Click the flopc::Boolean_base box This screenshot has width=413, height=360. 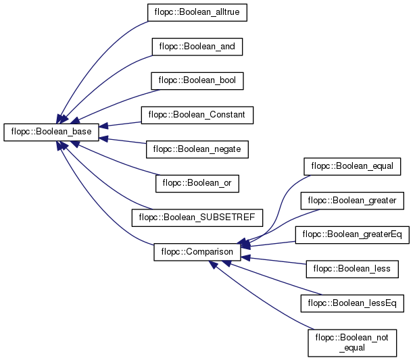[x=51, y=132]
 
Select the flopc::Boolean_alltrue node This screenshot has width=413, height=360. [x=197, y=12]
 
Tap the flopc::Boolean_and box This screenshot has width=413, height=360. [x=197, y=47]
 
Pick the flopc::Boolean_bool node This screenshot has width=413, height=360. [x=197, y=81]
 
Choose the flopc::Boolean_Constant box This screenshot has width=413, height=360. [x=197, y=115]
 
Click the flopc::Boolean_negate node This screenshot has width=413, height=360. [x=197, y=149]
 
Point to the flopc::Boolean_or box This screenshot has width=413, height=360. [x=197, y=184]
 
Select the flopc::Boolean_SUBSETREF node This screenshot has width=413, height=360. [x=197, y=217]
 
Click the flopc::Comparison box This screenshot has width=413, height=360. [x=197, y=252]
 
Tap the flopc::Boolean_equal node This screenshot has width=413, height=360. [x=352, y=166]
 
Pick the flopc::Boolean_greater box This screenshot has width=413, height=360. [x=352, y=201]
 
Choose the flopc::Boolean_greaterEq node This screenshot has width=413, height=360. [x=352, y=235]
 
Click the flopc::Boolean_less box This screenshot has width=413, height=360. [x=352, y=269]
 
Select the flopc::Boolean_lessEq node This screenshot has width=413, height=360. [x=352, y=303]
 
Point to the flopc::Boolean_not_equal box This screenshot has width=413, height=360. [x=352, y=343]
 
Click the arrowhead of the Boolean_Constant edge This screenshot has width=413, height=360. [x=103, y=126]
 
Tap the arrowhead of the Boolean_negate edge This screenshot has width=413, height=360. [x=103, y=138]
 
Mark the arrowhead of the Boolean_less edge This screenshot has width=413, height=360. [x=245, y=258]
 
